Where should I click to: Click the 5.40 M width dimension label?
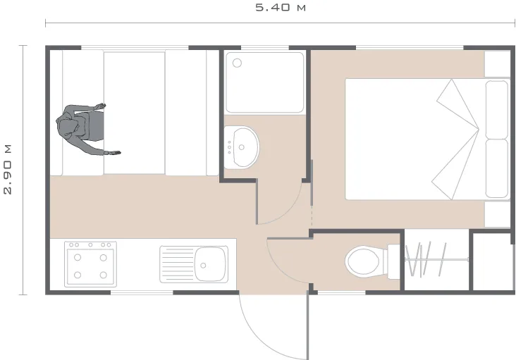[280, 8]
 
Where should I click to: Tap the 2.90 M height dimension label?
[8, 169]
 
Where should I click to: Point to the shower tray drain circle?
[237, 63]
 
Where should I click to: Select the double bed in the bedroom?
[416, 139]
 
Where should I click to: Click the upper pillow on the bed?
[497, 108]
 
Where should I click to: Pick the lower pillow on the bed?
[497, 169]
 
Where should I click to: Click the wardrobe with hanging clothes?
[436, 260]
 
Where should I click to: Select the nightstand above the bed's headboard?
[497, 63]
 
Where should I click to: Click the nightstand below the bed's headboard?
[497, 213]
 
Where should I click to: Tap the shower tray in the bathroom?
[264, 82]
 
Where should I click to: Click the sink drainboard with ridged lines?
[176, 264]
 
